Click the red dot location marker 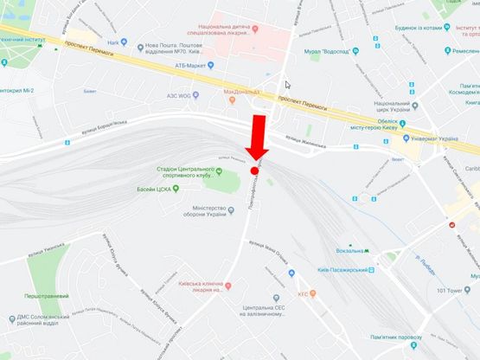[254, 170]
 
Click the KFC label [304, 294]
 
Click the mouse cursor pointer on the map [288, 85]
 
